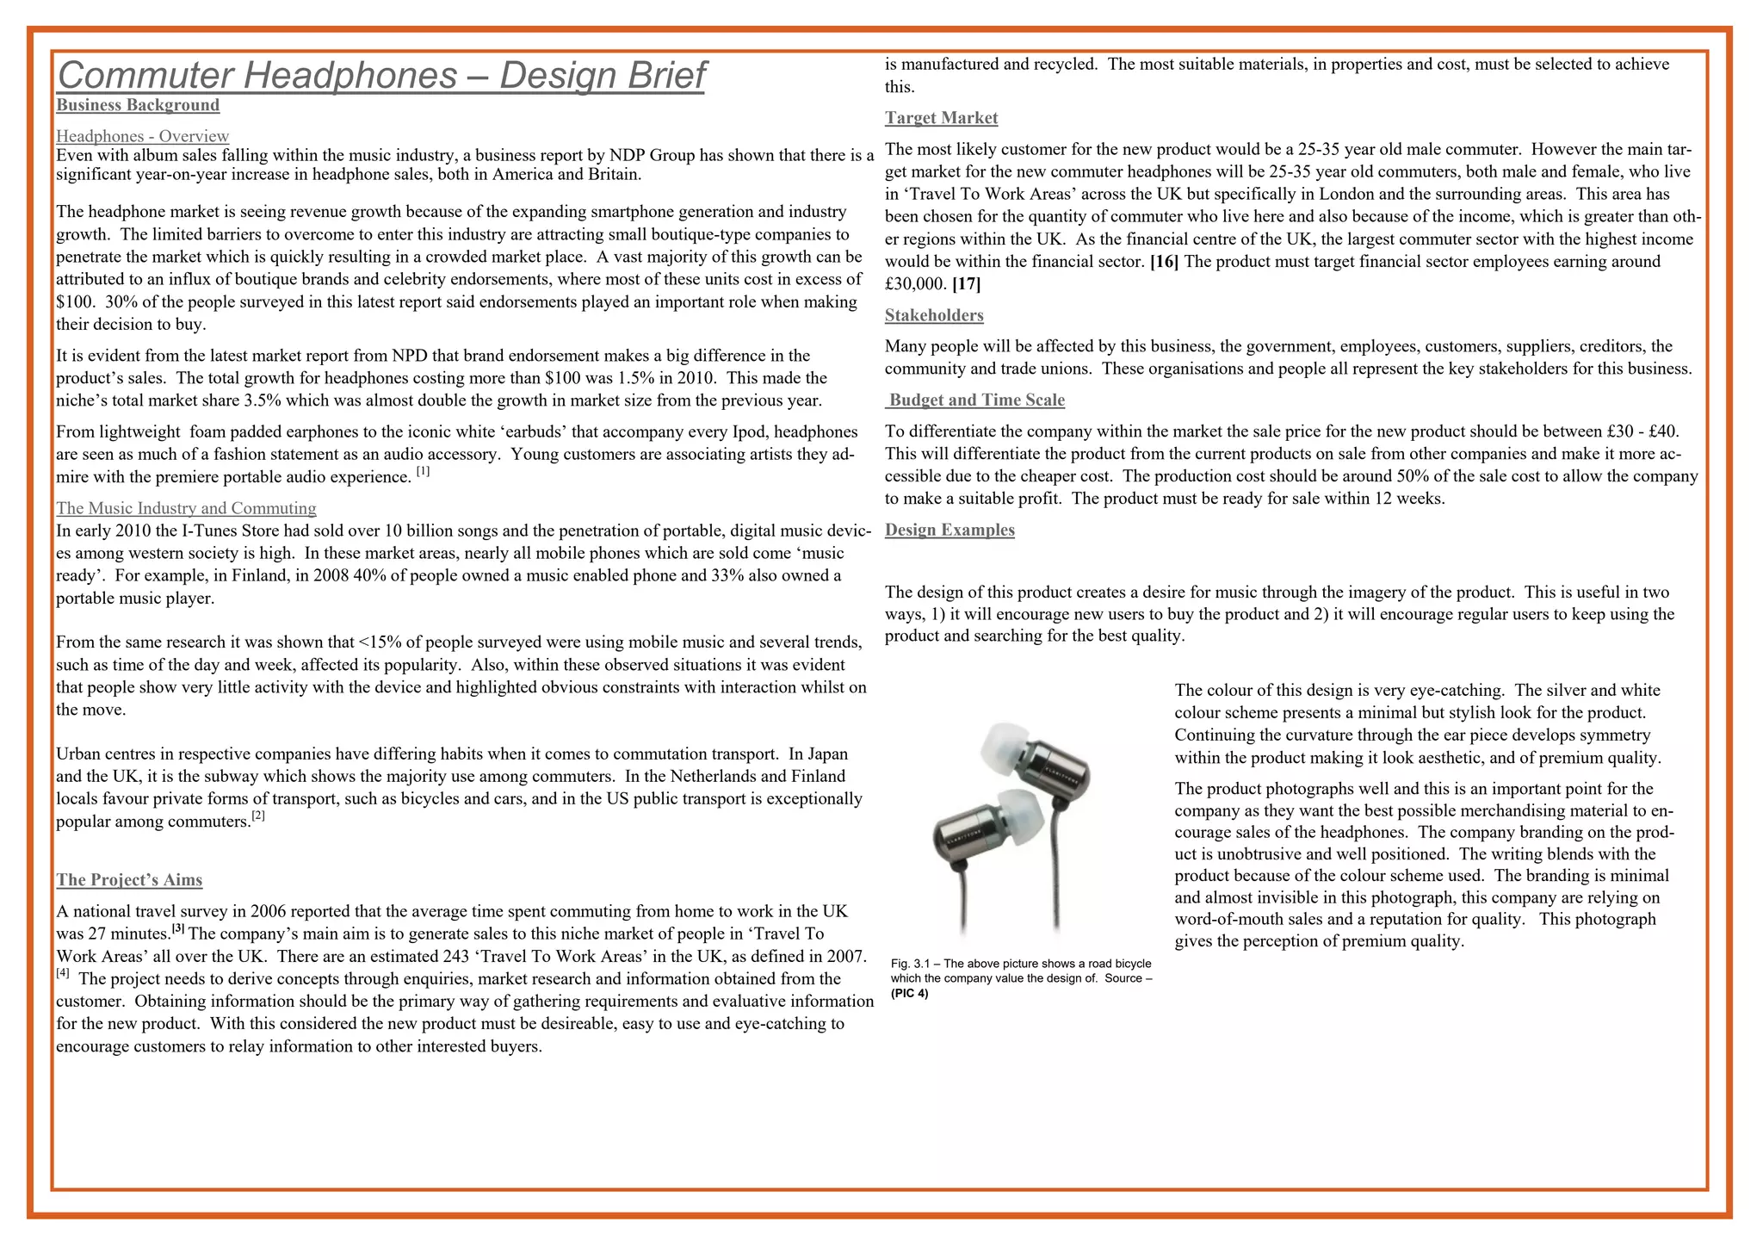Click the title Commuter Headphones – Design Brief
380,76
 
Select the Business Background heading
138,105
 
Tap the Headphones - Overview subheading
142,136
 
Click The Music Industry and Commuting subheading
186,508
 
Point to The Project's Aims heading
129,880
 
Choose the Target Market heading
941,118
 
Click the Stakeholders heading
934,315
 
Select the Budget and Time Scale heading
976,400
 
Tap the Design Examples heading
950,530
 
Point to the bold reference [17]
966,284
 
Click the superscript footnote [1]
423,471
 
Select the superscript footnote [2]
258,816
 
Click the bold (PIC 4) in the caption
909,994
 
